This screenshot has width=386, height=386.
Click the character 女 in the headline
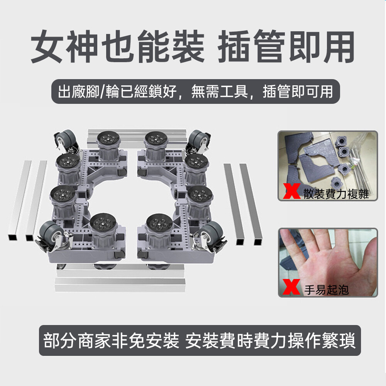(47, 46)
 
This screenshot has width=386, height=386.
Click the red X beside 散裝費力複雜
(292, 191)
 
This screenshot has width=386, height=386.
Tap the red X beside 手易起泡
(291, 287)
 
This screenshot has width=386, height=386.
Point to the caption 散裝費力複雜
(336, 194)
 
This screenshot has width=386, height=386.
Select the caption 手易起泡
(327, 290)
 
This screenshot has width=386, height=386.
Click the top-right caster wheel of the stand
(199, 139)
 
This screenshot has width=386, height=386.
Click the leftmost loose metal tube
(20, 200)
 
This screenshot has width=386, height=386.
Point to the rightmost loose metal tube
(251, 204)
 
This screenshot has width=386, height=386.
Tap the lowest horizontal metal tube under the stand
(120, 285)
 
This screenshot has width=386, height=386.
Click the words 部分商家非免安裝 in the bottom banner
(111, 341)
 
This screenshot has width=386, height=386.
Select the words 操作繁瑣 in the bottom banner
(322, 341)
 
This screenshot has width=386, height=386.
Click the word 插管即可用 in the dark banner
(298, 91)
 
